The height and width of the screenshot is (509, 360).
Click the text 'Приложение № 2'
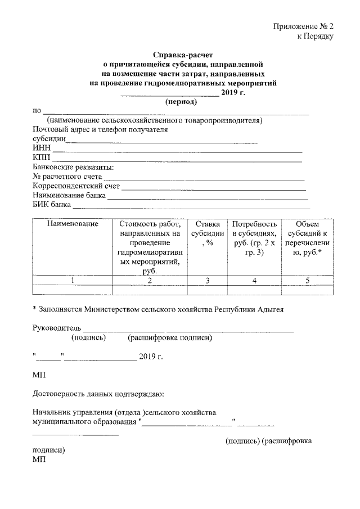coord(303,26)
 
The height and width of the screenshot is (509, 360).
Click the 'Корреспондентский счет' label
coord(76,186)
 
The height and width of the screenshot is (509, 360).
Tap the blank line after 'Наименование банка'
coord(208,198)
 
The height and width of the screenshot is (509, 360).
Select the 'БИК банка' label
coord(52,205)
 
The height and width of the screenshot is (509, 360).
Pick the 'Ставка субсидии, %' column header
coord(206,233)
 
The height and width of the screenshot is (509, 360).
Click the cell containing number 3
coord(206,280)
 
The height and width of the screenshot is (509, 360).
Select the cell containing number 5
coord(307,280)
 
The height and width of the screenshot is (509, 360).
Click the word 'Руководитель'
coord(57,328)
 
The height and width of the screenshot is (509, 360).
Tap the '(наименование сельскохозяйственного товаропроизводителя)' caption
coord(155,120)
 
